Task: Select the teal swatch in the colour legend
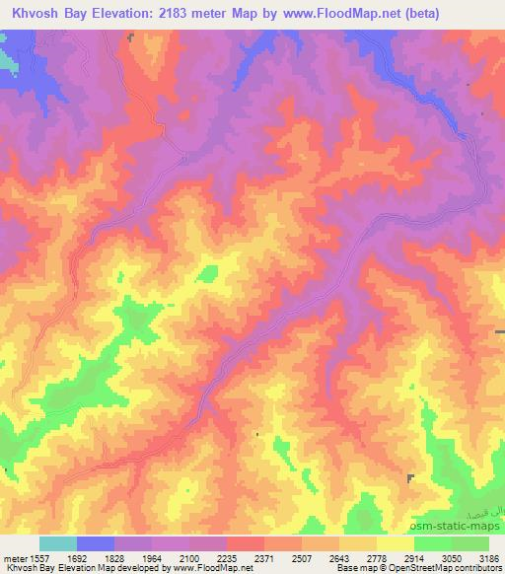tap(58, 543)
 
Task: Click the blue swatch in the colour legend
tap(96, 543)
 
